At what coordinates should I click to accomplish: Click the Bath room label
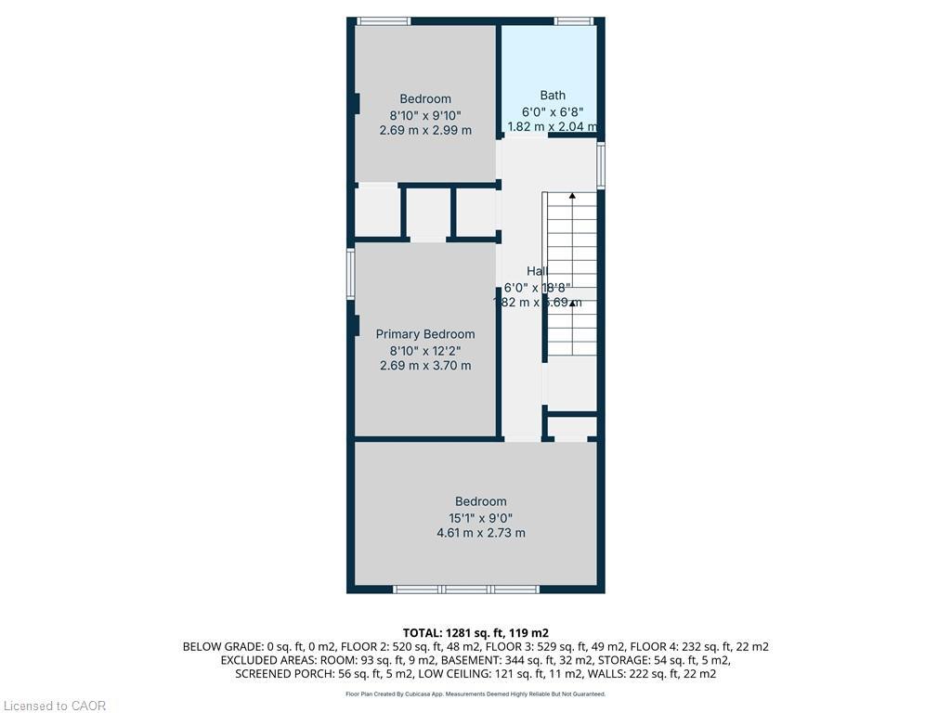tap(553, 95)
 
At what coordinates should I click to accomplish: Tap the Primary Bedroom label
tap(424, 334)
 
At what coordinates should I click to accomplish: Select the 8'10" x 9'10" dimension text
tap(425, 115)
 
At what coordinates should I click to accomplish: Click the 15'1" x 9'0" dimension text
tap(480, 518)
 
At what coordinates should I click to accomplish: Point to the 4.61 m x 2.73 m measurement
tap(480, 533)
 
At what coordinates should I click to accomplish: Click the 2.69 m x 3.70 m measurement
tap(424, 366)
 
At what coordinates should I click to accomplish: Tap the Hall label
tap(537, 271)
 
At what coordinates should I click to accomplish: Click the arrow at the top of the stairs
tap(572, 197)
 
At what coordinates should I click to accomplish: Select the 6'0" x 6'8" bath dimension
tap(553, 111)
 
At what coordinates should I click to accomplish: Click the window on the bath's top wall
tap(573, 20)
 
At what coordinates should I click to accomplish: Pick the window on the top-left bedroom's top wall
tap(384, 20)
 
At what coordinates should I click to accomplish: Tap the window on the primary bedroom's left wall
tap(351, 274)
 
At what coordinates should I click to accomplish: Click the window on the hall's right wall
tap(601, 165)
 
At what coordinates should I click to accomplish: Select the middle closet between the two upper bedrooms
tap(428, 214)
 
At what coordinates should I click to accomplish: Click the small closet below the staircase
tap(571, 427)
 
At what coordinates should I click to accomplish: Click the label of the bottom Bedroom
tap(480, 501)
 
